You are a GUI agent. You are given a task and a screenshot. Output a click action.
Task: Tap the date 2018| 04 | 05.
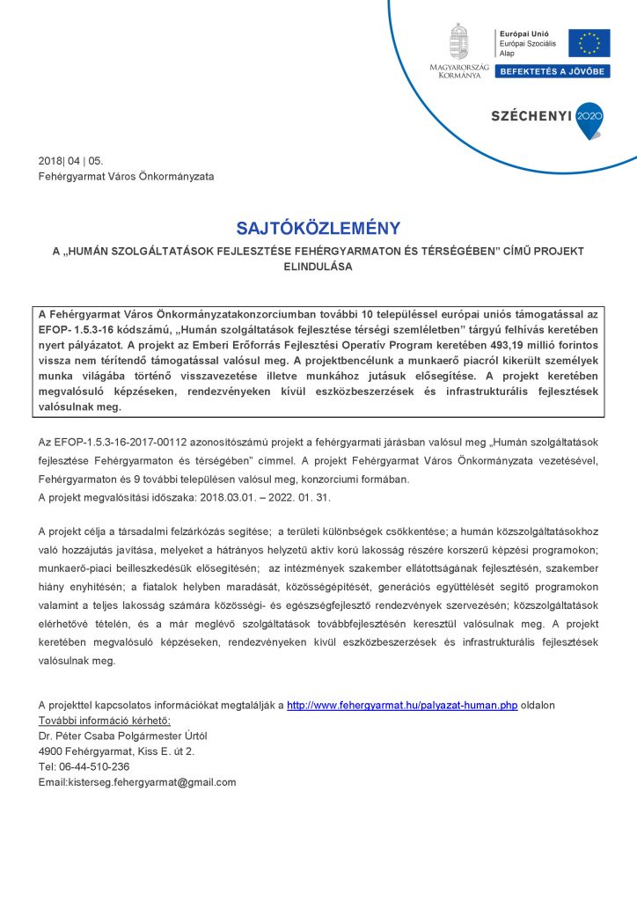[70, 160]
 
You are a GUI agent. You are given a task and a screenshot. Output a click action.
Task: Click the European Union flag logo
[589, 42]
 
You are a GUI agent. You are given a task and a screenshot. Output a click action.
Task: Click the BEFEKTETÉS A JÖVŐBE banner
[551, 71]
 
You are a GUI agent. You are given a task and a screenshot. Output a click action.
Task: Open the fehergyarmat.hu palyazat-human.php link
[402, 706]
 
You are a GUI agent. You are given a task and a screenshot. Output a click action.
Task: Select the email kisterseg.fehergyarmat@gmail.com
[137, 782]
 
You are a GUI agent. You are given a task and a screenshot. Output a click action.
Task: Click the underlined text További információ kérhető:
[105, 721]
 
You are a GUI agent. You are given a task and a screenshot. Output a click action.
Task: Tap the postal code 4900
[52, 751]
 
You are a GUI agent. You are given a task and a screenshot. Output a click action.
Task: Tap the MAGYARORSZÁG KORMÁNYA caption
[459, 71]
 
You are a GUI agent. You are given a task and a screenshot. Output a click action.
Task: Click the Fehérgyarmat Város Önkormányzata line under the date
[126, 176]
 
